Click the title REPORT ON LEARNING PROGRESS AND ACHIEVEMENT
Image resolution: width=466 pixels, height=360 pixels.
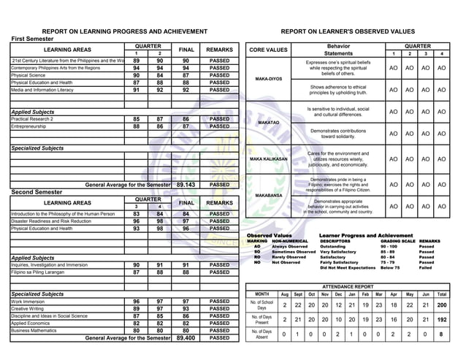124,31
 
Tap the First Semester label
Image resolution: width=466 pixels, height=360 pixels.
34,39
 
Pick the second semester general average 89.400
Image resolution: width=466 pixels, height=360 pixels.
186,338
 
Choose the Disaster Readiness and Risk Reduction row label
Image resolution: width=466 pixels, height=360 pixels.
51,221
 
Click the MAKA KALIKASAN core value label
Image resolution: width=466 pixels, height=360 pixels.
269,159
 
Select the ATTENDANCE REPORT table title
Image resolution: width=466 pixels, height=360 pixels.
348,287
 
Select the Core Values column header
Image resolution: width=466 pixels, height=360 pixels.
268,50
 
